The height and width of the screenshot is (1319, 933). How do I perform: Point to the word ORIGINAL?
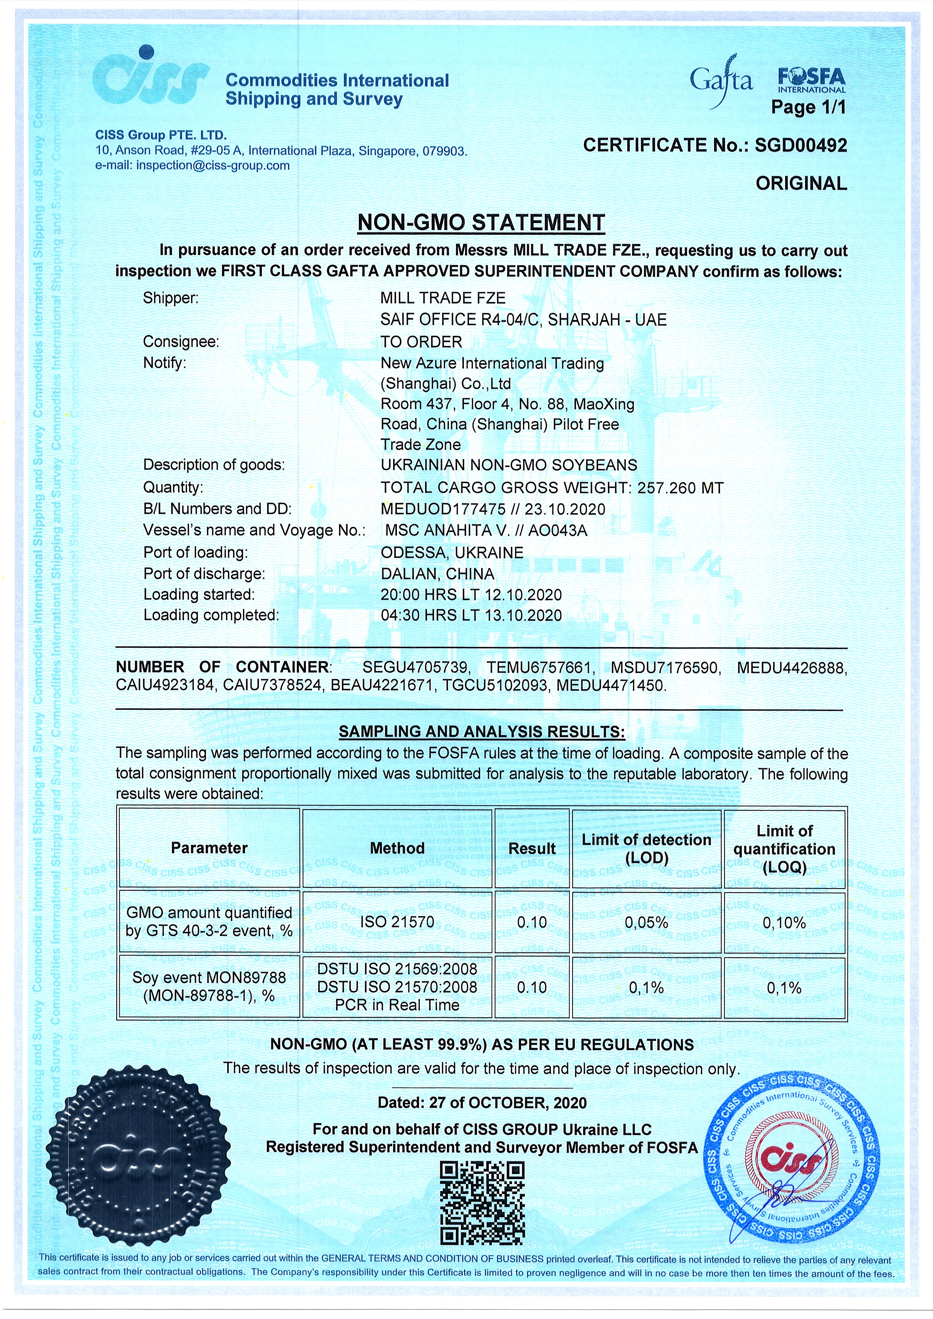pos(801,184)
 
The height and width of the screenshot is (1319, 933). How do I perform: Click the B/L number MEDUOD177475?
pos(443,509)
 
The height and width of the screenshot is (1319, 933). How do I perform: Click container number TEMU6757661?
pos(539,667)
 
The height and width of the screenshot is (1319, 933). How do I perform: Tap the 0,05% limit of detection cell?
pos(646,923)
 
